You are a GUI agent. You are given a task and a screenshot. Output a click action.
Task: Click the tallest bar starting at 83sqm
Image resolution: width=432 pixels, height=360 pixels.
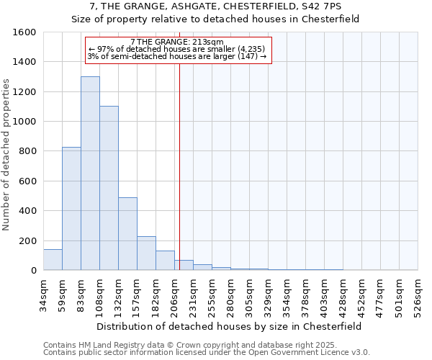click(x=90, y=173)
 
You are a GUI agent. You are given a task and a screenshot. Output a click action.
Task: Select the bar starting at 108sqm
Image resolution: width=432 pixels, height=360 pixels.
click(x=109, y=188)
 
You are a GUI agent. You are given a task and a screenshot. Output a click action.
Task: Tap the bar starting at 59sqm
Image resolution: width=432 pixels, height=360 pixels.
click(x=71, y=208)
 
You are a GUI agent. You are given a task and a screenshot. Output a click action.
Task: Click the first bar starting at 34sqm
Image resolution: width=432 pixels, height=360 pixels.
click(x=53, y=259)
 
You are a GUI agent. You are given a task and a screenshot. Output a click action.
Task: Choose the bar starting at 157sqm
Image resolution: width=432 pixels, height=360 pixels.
click(x=146, y=253)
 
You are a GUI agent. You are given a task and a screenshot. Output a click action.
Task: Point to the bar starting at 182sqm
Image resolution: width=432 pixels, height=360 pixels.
click(x=165, y=260)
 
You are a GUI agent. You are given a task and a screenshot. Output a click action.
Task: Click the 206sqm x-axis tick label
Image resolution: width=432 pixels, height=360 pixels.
click(x=175, y=294)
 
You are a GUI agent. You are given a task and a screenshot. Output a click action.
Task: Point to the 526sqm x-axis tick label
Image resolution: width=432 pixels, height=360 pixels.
click(x=418, y=294)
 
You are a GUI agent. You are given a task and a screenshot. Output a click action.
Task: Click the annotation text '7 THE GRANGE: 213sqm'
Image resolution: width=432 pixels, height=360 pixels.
click(x=178, y=42)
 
